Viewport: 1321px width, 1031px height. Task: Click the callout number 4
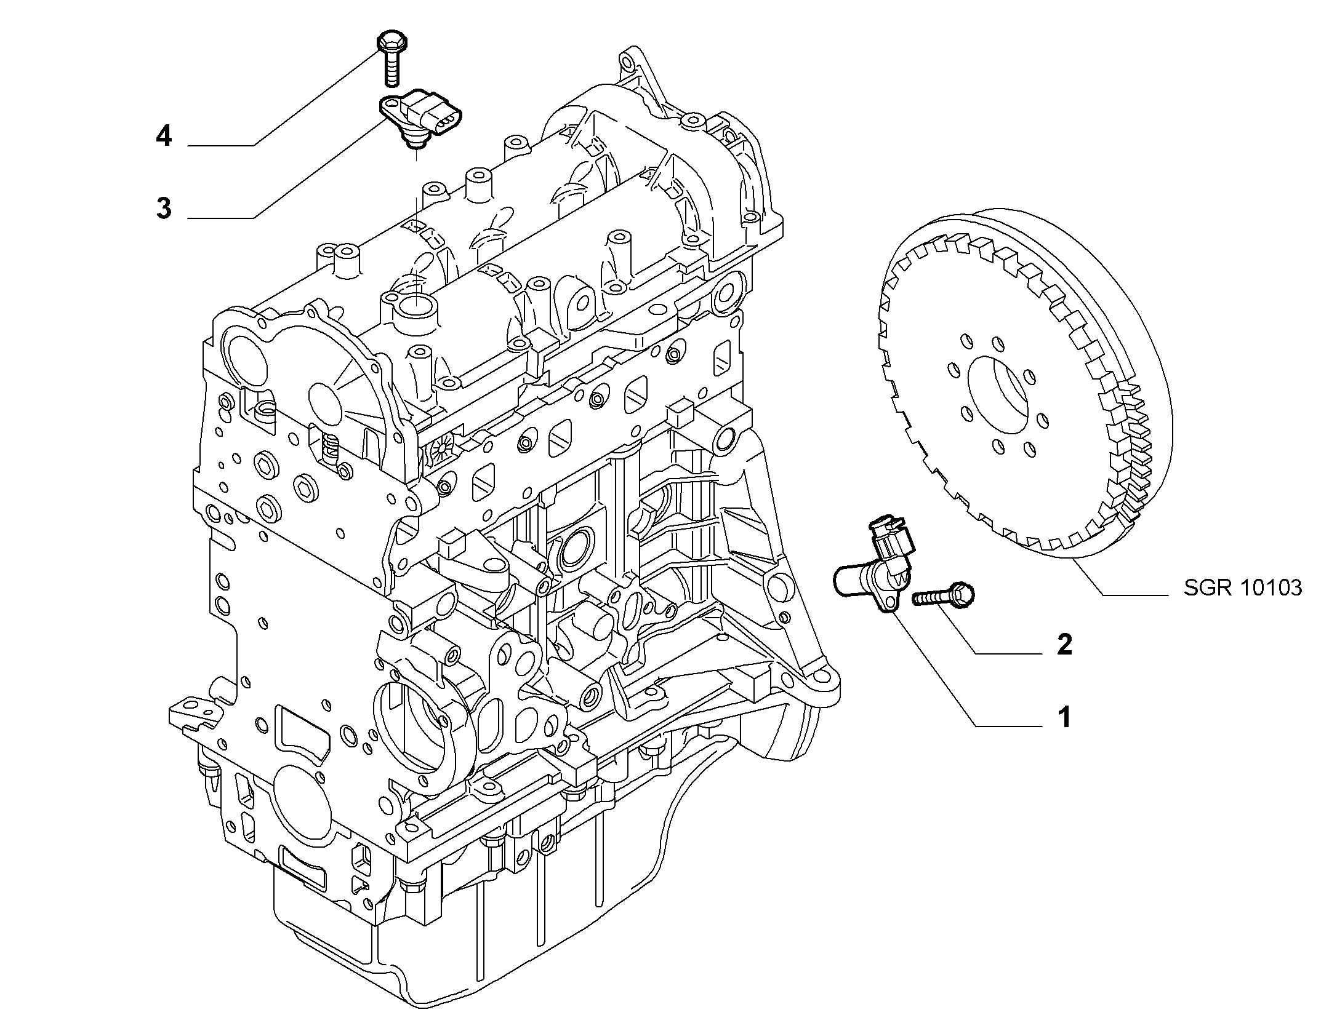[x=163, y=136]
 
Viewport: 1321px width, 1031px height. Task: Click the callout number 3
[x=163, y=208]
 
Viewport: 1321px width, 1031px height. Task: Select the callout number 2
[x=1064, y=644]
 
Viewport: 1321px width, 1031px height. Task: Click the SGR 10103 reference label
[x=1243, y=588]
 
